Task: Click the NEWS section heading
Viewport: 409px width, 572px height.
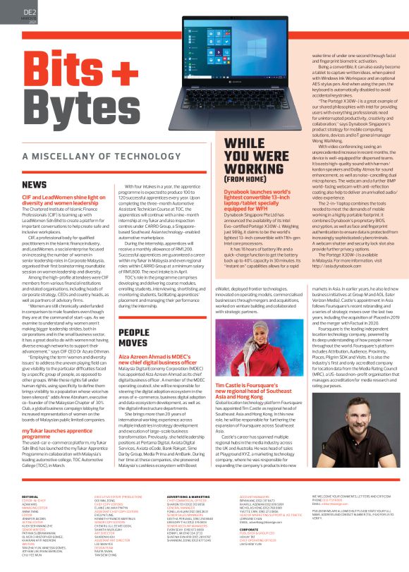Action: point(35,185)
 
